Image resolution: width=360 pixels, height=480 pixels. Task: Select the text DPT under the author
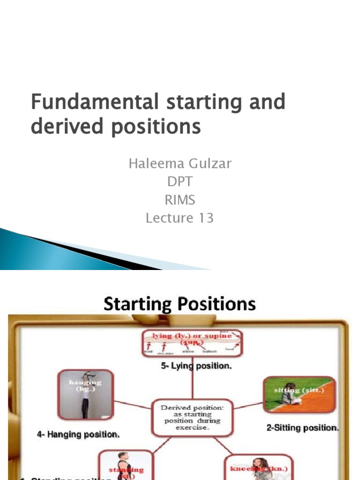(180, 182)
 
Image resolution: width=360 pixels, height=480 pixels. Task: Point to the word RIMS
(180, 200)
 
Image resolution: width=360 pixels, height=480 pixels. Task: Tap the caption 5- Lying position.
(196, 366)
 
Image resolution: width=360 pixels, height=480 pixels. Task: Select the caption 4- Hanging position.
(78, 435)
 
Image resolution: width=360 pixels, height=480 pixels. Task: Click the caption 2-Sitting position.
(302, 427)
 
